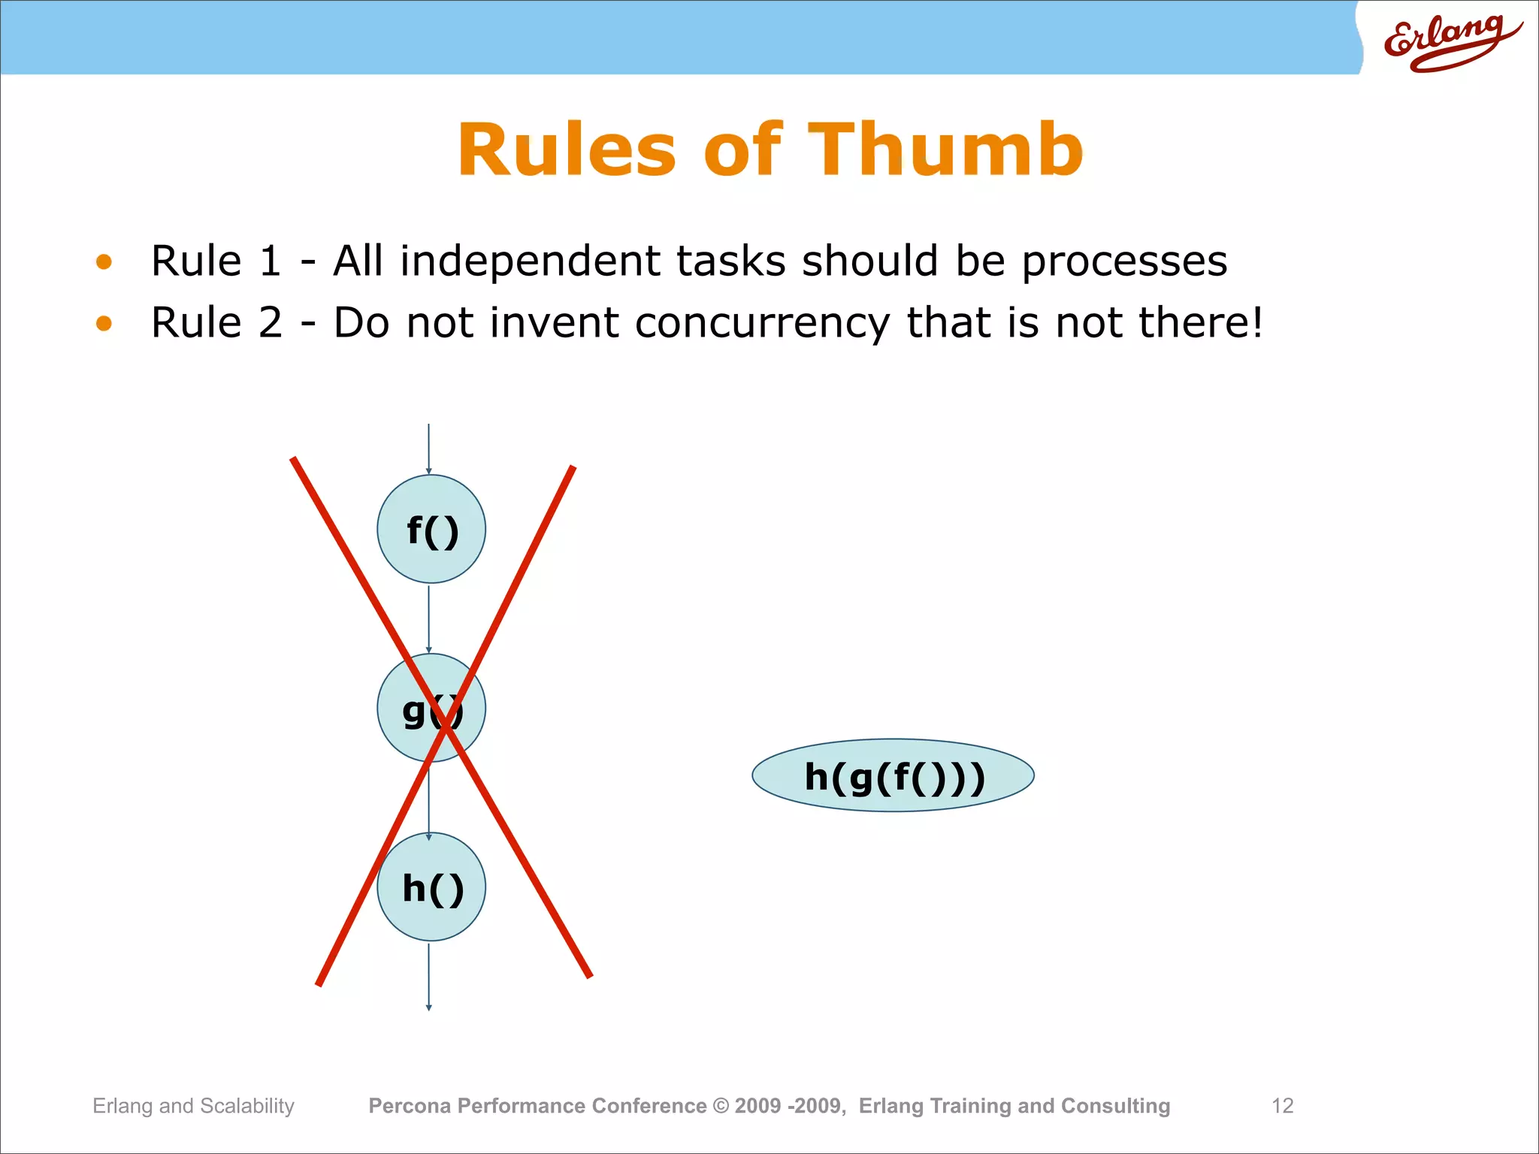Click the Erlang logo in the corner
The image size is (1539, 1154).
click(1450, 43)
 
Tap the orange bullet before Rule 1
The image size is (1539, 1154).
click(104, 262)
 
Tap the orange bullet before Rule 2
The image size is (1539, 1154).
click(104, 324)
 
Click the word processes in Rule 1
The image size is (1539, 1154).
click(1124, 262)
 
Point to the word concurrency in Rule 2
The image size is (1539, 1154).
click(762, 324)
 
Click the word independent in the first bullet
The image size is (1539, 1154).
click(530, 262)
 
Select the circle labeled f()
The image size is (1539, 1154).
click(431, 529)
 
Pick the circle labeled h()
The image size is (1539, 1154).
click(431, 887)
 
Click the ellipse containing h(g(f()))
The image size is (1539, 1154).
click(893, 776)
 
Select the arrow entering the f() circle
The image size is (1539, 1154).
click(428, 449)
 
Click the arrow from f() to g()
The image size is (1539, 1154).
click(428, 618)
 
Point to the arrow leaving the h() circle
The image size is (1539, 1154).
click(428, 977)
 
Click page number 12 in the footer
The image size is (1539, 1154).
click(1282, 1106)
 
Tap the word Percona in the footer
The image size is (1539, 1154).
click(410, 1106)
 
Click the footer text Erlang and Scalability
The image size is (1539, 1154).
click(193, 1106)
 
